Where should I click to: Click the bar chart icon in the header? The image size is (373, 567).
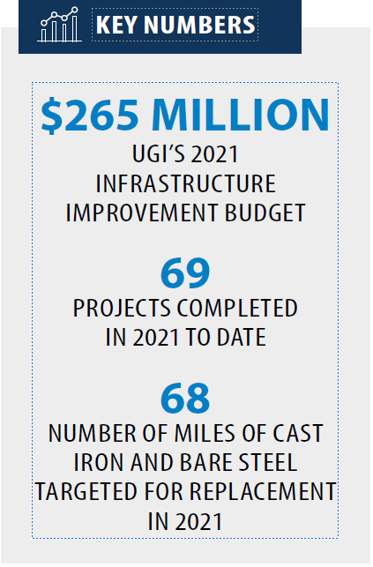pyautogui.click(x=59, y=24)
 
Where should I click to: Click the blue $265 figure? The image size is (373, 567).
pyautogui.click(x=90, y=115)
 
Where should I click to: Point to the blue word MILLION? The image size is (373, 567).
pyautogui.click(x=241, y=115)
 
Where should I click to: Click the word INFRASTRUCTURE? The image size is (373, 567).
pyautogui.click(x=186, y=183)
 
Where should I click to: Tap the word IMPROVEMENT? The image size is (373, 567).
pyautogui.click(x=141, y=213)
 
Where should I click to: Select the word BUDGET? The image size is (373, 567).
pyautogui.click(x=265, y=213)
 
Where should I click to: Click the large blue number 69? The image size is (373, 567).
pyautogui.click(x=185, y=272)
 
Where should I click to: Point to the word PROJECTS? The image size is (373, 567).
pyautogui.click(x=123, y=308)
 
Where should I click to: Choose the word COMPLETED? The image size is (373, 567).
pyautogui.click(x=237, y=308)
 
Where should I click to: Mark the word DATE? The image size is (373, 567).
pyautogui.click(x=242, y=337)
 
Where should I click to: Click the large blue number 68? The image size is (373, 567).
pyautogui.click(x=185, y=398)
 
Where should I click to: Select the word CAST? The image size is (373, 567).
pyautogui.click(x=298, y=433)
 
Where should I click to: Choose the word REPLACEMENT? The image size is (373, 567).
pyautogui.click(x=263, y=492)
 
